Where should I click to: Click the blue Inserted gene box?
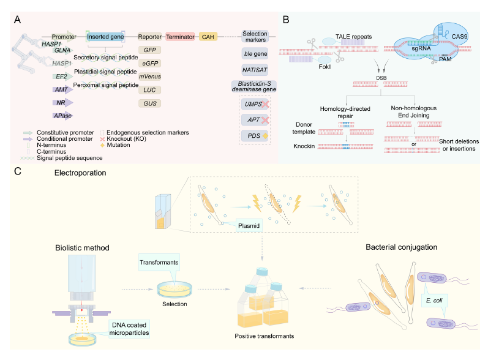click(x=106, y=37)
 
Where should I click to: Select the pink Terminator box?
click(x=180, y=37)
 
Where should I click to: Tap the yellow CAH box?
click(x=209, y=37)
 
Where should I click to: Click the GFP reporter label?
click(x=149, y=50)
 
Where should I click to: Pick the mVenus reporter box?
click(x=149, y=77)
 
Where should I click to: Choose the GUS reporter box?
click(x=149, y=103)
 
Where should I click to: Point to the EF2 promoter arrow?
click(x=62, y=77)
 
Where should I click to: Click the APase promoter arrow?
click(x=62, y=115)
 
